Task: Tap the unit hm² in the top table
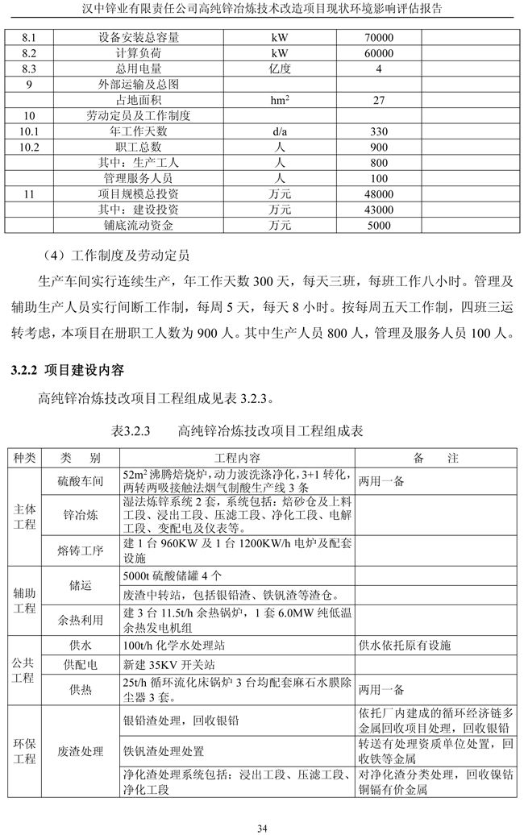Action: tap(281, 100)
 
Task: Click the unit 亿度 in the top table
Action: tap(281, 69)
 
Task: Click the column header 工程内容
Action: tap(239, 458)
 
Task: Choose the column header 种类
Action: tap(24, 458)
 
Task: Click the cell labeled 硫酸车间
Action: tap(81, 480)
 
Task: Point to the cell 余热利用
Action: tap(81, 621)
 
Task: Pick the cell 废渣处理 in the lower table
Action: tap(81, 751)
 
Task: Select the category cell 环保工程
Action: tap(24, 751)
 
